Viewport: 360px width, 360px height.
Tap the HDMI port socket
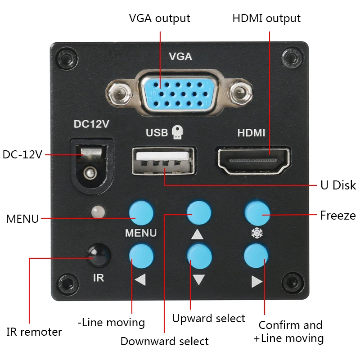coord(253,160)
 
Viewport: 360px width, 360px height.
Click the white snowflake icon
coord(256,233)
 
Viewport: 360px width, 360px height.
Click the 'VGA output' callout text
coord(159,18)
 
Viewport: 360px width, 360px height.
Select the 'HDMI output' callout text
coord(266,18)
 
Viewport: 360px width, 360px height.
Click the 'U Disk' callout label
coord(338,185)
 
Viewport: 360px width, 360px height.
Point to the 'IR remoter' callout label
coord(34,332)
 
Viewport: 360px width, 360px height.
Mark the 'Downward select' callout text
coord(164,341)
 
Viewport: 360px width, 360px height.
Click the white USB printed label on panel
coord(157,133)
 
